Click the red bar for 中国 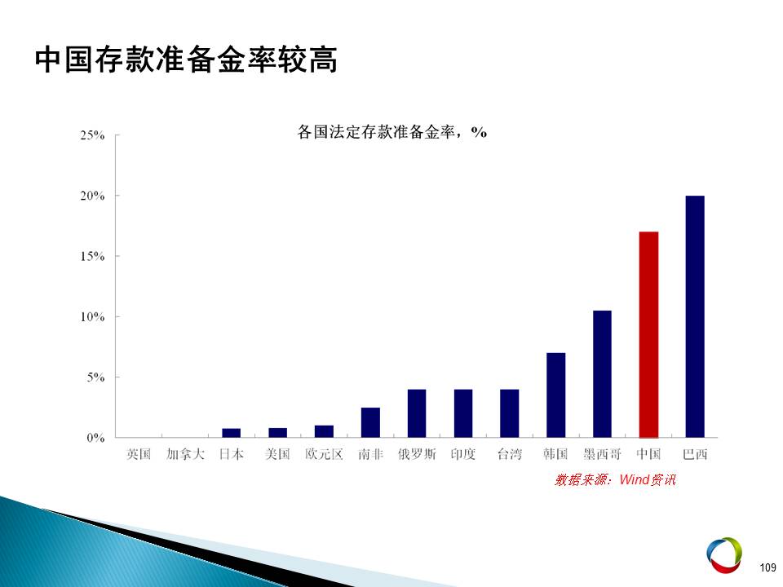pyautogui.click(x=648, y=334)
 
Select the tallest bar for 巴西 pyautogui.click(x=695, y=316)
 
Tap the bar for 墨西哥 pyautogui.click(x=602, y=374)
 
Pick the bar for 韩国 pyautogui.click(x=555, y=395)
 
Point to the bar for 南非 pyautogui.click(x=370, y=422)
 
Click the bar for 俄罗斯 pyautogui.click(x=417, y=413)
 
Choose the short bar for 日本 pyautogui.click(x=231, y=433)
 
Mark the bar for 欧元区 pyautogui.click(x=324, y=431)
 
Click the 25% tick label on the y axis pyautogui.click(x=92, y=135)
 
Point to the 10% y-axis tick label pyautogui.click(x=92, y=317)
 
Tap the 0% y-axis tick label pyautogui.click(x=95, y=439)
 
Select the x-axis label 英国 pyautogui.click(x=139, y=454)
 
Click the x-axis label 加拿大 pyautogui.click(x=185, y=454)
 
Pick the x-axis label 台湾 pyautogui.click(x=509, y=454)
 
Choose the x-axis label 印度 pyautogui.click(x=463, y=454)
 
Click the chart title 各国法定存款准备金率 pyautogui.click(x=377, y=132)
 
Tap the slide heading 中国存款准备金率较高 pyautogui.click(x=186, y=60)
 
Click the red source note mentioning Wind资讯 pyautogui.click(x=615, y=479)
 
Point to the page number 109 pyautogui.click(x=768, y=567)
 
